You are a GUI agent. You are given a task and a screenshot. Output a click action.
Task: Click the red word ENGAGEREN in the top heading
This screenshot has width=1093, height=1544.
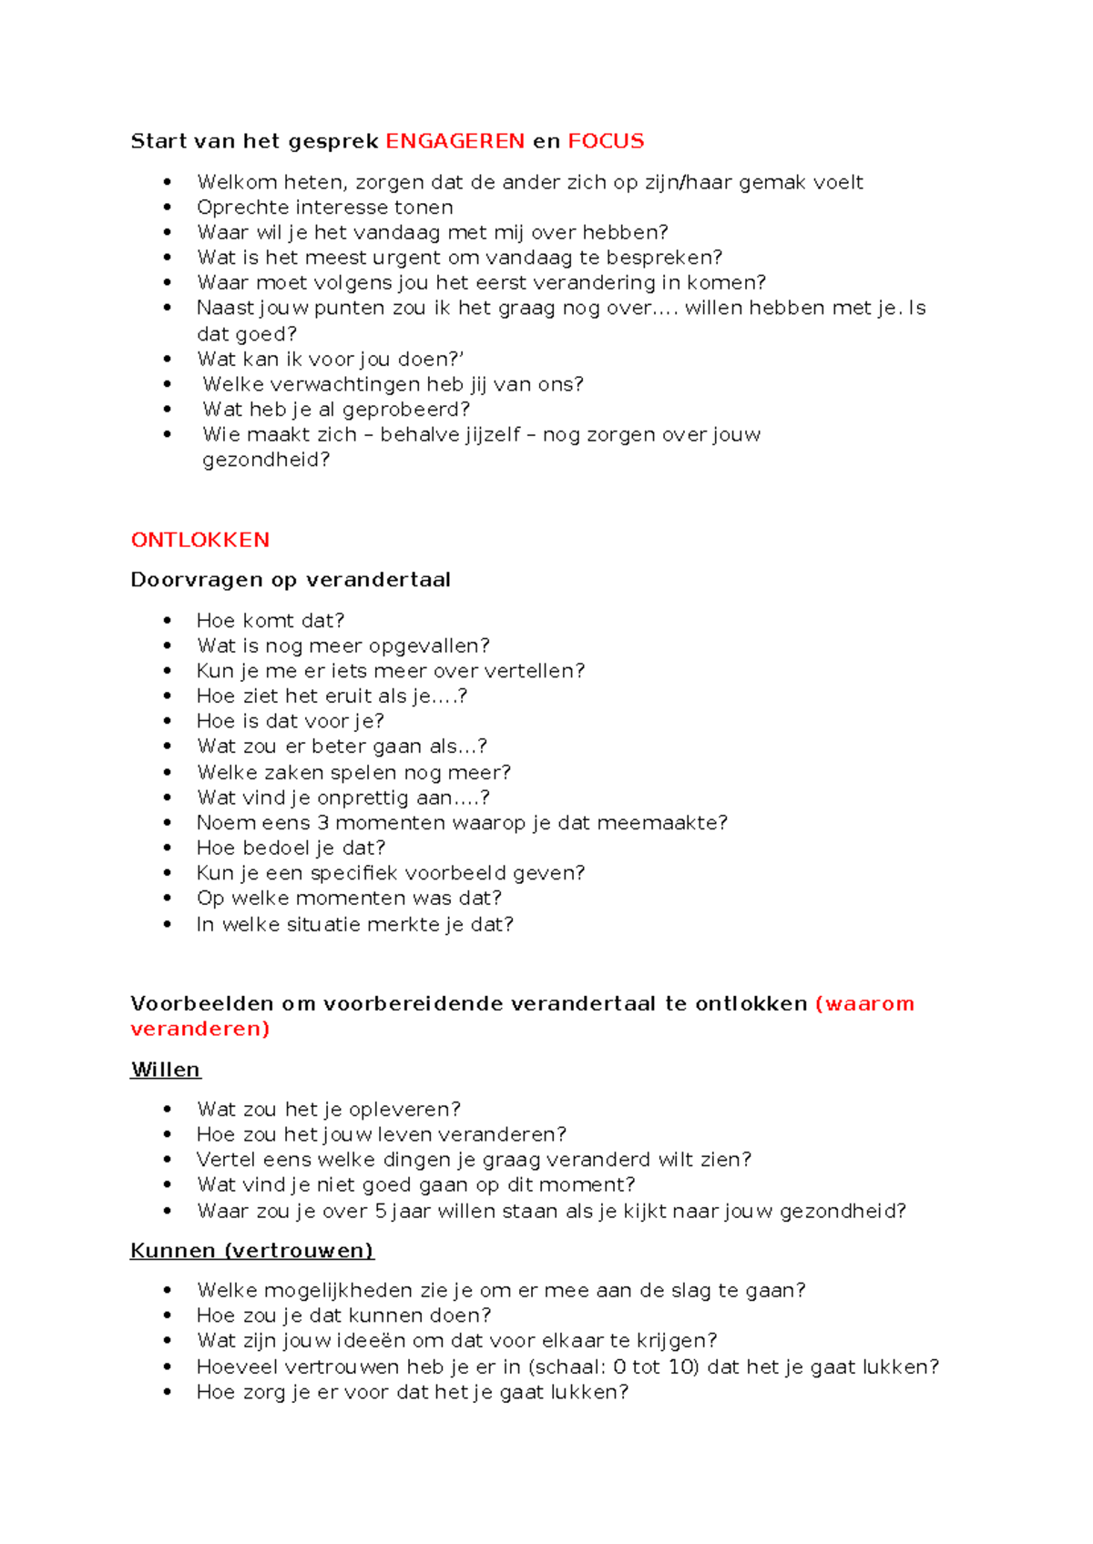click(455, 141)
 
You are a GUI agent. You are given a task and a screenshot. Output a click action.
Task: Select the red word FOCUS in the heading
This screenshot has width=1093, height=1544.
click(606, 141)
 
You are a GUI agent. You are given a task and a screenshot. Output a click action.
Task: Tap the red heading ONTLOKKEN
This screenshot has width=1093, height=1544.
click(200, 540)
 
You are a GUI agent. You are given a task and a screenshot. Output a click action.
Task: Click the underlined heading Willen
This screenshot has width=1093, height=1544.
click(166, 1070)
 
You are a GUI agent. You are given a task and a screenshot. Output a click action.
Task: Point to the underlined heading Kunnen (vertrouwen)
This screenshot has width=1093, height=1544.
click(252, 1251)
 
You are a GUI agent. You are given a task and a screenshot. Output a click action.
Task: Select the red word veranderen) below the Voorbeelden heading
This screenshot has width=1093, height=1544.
click(200, 1029)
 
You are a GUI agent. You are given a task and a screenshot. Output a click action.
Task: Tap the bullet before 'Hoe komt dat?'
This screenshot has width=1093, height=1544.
click(168, 621)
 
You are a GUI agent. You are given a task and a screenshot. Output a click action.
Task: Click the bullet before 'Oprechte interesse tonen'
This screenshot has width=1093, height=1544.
click(168, 208)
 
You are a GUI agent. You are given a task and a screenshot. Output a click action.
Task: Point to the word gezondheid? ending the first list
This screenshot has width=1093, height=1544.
click(266, 460)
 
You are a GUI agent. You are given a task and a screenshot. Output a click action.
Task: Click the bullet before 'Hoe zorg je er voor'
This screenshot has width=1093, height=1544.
click(168, 1393)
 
